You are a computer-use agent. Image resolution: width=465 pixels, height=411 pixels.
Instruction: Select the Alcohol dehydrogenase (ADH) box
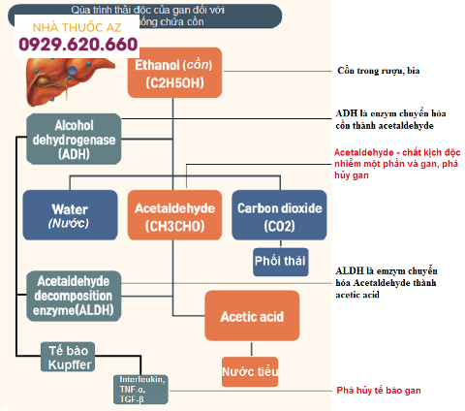[74, 138]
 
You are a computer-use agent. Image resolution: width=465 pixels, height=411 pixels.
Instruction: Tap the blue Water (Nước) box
[70, 215]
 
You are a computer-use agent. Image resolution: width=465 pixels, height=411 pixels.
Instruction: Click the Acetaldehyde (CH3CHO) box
[174, 215]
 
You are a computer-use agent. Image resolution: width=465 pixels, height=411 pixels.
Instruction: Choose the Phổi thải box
[279, 262]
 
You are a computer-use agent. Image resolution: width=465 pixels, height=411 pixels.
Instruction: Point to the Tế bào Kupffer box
[70, 356]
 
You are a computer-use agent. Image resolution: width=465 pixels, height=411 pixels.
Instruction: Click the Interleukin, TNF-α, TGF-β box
[140, 389]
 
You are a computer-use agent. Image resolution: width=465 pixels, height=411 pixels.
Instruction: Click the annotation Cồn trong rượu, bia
[379, 71]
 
